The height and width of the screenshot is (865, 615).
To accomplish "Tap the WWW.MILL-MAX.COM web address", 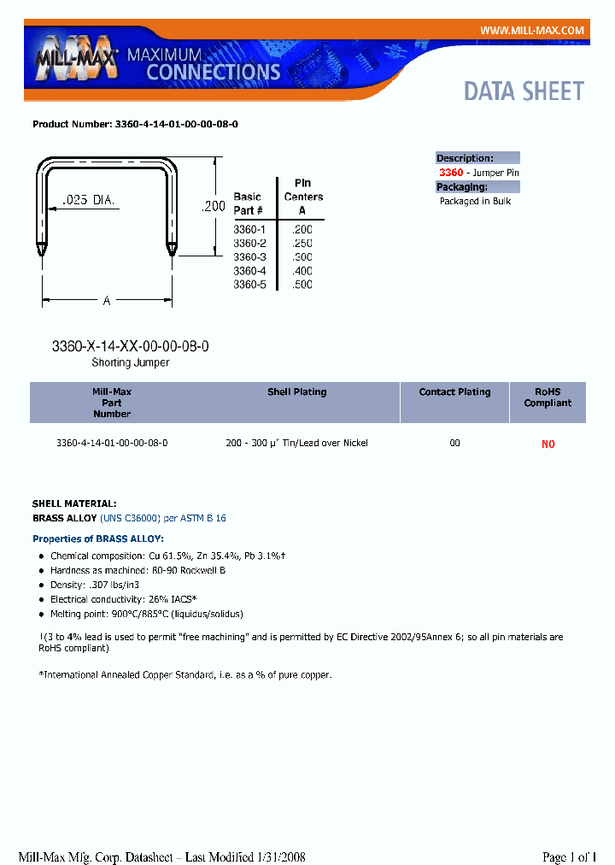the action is (531, 30).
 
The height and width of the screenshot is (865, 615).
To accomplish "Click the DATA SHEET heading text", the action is (524, 91).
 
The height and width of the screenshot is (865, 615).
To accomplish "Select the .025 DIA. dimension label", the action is (90, 201).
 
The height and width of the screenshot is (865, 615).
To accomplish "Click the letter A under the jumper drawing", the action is (107, 300).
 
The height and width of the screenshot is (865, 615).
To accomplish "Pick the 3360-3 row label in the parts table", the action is (250, 257).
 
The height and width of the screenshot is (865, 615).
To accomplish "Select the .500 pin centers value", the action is (302, 285).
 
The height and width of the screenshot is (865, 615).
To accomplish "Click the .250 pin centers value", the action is (302, 244).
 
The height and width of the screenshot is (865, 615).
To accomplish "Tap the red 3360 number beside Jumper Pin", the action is (451, 173).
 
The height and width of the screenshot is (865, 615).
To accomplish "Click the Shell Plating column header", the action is (296, 392).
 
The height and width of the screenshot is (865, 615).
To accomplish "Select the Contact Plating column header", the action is (454, 392).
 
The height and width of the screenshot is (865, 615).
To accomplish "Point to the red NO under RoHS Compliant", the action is (548, 444).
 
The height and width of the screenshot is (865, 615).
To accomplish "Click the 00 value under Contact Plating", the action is (454, 444).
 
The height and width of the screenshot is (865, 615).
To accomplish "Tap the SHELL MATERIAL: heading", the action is (74, 504).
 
